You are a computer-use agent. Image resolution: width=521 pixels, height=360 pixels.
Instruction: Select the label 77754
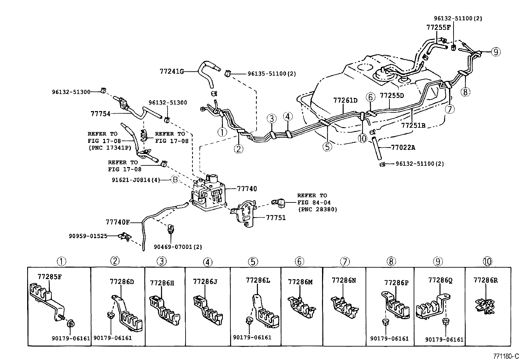pos(100,114)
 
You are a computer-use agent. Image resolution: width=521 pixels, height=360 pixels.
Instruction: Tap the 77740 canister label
pos(247,189)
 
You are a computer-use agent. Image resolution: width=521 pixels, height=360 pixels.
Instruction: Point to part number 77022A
pos(403,147)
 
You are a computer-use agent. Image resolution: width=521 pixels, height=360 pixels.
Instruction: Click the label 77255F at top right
pos(438,28)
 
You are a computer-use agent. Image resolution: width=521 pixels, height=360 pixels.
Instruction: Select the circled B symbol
pos(175,180)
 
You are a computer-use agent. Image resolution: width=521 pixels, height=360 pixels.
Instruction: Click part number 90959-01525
pos(88,236)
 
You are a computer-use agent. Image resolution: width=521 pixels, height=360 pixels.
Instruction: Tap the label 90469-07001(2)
pos(178,247)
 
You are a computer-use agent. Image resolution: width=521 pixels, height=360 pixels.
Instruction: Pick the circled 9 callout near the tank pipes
pos(496,52)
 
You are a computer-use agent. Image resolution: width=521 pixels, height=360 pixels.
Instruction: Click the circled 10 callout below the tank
pos(363,139)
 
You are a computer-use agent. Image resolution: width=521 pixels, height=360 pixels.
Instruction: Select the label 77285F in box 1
pos(49,276)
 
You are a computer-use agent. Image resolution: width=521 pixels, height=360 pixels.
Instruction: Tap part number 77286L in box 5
pos(258,280)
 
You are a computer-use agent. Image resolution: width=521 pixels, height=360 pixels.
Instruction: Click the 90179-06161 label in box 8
pos(389,339)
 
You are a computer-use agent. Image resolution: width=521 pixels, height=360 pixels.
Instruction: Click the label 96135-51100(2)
pos(272,74)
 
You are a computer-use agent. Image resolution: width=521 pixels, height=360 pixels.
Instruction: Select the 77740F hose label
pos(117,222)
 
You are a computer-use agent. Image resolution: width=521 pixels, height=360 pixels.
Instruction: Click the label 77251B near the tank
pos(413,125)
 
